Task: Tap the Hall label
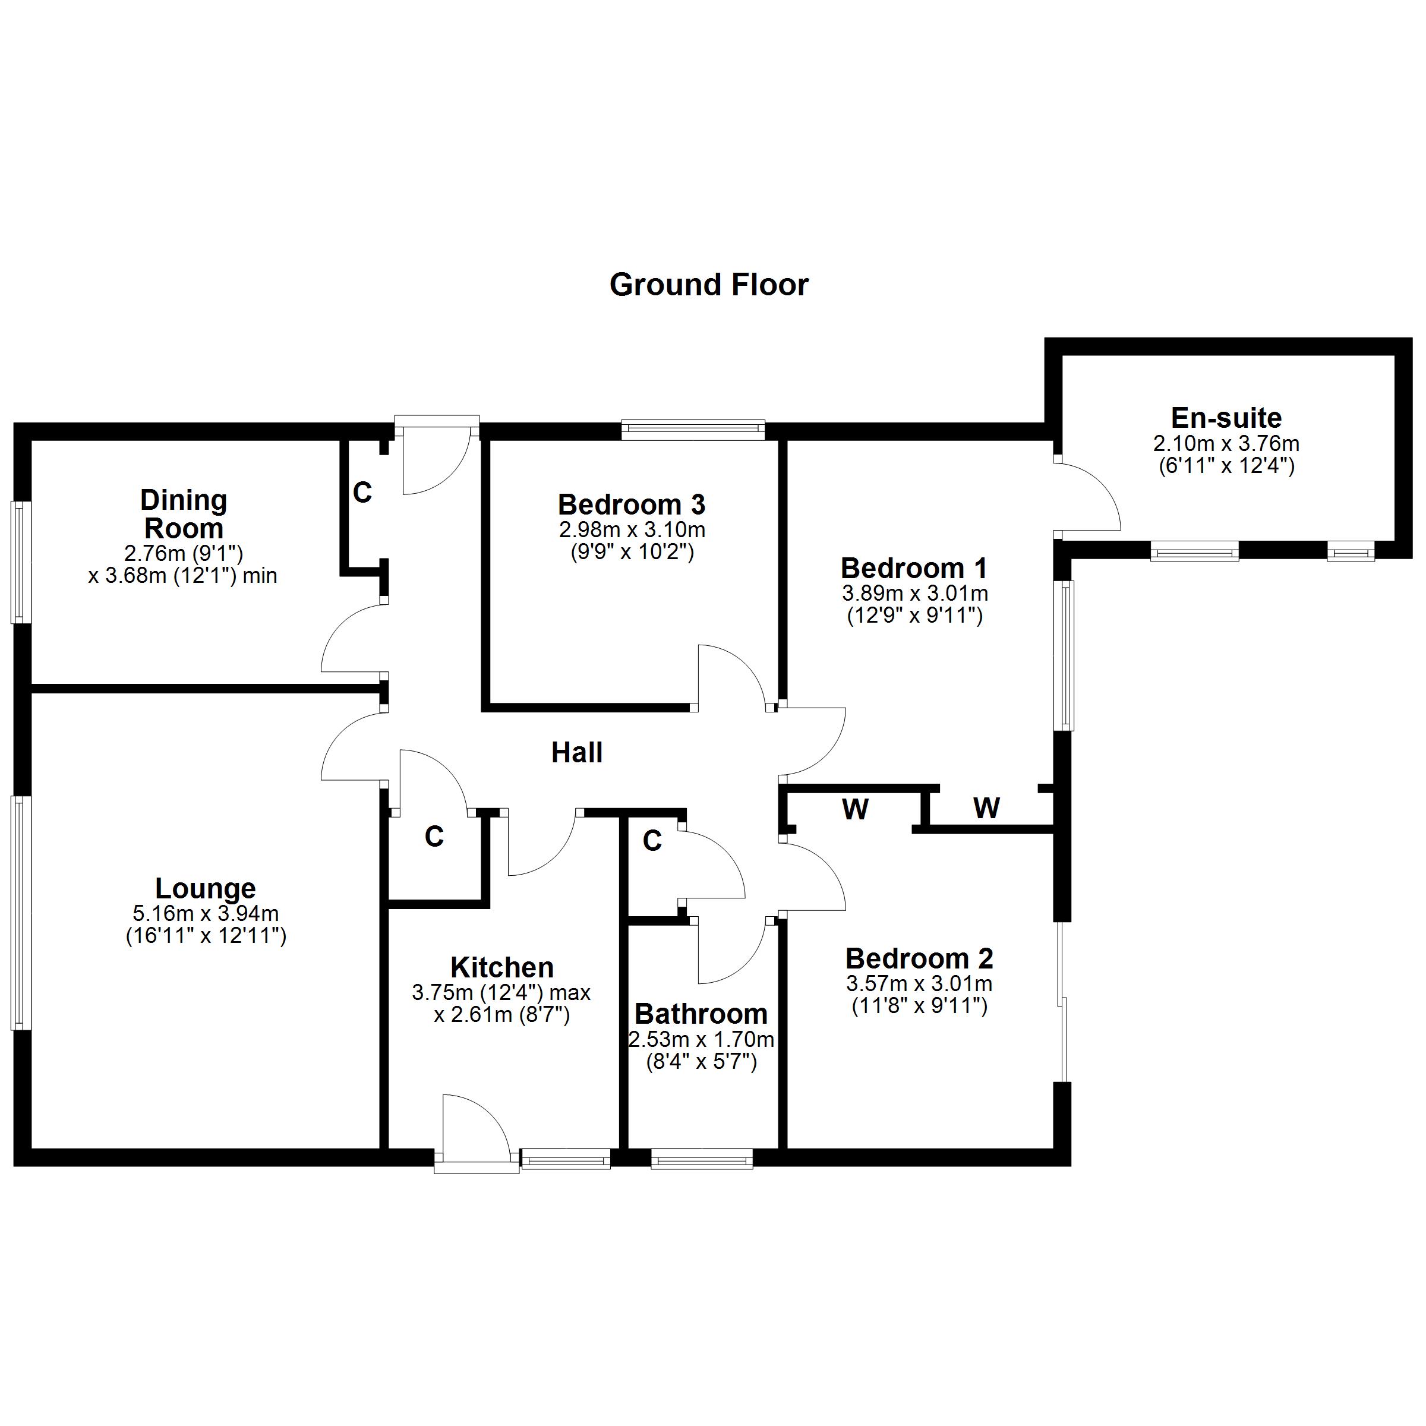click(577, 753)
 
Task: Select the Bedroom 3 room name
click(632, 505)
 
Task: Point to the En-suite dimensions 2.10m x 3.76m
click(1226, 444)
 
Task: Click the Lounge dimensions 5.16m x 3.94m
click(206, 914)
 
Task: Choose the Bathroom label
click(701, 1014)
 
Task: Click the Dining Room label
click(184, 515)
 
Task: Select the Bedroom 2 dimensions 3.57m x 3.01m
click(919, 984)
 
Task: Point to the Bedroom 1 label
click(914, 569)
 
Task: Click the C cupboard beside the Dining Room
click(362, 493)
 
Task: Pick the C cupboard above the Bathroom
click(652, 841)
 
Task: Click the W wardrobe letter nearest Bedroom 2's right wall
click(986, 808)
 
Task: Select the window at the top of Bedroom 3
click(692, 429)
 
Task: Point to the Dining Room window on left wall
click(21, 563)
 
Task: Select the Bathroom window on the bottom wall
click(701, 1158)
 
